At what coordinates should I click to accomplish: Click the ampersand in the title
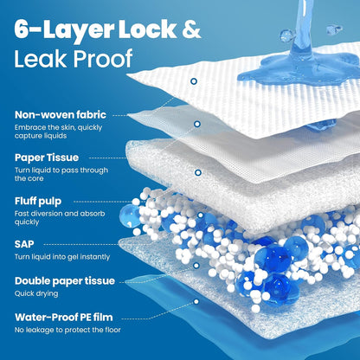point(191,29)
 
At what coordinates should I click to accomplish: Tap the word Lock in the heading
point(147,29)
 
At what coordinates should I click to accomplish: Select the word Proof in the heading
point(103,58)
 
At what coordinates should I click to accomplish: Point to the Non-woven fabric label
point(61,115)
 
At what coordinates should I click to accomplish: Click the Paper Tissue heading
point(47,157)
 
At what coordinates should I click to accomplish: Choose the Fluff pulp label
point(38,201)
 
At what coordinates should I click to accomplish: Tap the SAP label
point(24,244)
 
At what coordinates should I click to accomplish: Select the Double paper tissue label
point(65,281)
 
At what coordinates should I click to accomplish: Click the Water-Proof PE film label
point(64,318)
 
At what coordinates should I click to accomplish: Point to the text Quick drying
point(36,293)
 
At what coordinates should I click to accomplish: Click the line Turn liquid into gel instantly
point(62,257)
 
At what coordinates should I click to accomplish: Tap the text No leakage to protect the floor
point(67,330)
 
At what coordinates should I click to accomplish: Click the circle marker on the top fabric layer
point(194,81)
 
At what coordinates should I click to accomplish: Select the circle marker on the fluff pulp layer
point(198,173)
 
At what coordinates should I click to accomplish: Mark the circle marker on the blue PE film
point(196,302)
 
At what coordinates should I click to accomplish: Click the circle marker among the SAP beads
point(200,215)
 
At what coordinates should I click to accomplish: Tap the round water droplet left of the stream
point(285,35)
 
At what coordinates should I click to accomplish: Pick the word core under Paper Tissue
point(36,178)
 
